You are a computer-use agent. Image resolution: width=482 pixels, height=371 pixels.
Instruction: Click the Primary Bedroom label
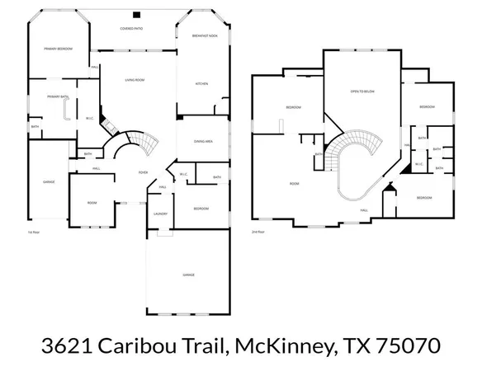[59, 49]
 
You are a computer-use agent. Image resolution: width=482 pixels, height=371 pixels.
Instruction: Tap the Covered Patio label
[131, 28]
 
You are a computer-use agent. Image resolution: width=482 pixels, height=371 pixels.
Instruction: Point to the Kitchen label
[201, 83]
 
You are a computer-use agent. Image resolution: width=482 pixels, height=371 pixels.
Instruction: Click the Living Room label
[135, 80]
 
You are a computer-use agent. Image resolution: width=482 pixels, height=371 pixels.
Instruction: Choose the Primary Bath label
[58, 96]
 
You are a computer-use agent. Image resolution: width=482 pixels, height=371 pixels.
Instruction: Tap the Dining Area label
[203, 141]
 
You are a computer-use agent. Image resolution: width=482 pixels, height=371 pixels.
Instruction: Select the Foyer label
[143, 173]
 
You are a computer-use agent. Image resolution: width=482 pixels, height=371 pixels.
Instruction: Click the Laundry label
[160, 214]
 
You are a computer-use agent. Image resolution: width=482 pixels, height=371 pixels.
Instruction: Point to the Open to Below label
[363, 91]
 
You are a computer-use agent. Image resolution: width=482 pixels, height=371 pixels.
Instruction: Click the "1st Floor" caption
[33, 232]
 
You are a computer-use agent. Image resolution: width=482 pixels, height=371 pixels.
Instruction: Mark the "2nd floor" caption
[258, 232]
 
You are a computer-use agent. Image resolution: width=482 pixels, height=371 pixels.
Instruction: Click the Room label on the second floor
[293, 183]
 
